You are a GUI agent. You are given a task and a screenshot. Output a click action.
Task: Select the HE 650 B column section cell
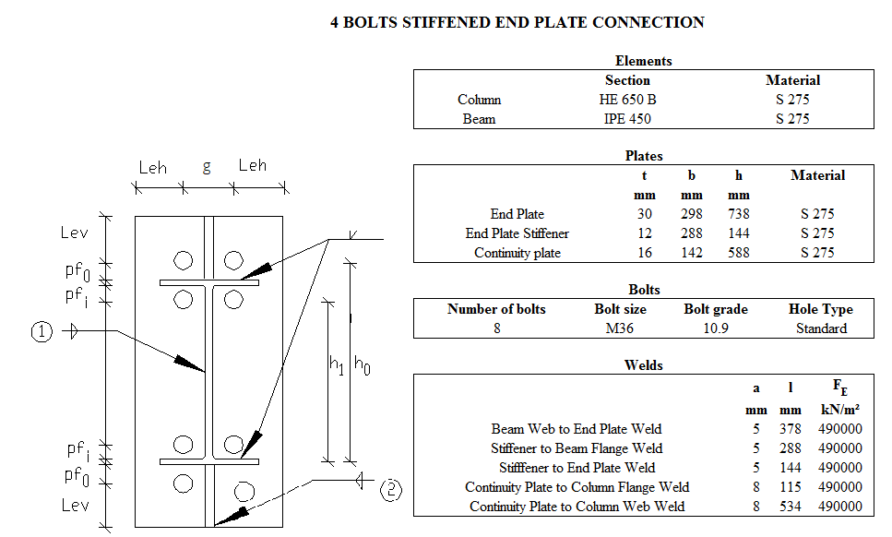627,100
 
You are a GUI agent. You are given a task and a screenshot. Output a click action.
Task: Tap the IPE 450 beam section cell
627,119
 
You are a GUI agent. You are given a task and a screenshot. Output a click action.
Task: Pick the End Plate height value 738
738,214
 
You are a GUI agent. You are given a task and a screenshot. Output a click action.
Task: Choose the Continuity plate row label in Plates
517,253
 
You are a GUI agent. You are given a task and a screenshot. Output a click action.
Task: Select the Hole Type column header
821,309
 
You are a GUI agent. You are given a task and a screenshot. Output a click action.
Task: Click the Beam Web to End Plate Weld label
577,428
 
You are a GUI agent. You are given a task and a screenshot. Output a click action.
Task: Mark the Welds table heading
643,365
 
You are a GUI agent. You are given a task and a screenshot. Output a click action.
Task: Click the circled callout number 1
42,332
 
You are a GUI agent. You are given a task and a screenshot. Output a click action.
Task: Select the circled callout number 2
391,490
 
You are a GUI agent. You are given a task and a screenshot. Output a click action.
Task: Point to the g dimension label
207,167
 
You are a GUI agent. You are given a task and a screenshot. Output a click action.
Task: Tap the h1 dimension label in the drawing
337,365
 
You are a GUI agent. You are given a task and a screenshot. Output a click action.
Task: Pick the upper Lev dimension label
75,233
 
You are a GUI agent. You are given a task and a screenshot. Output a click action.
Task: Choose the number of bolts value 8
496,328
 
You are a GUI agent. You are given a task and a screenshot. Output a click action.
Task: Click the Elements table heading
643,61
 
